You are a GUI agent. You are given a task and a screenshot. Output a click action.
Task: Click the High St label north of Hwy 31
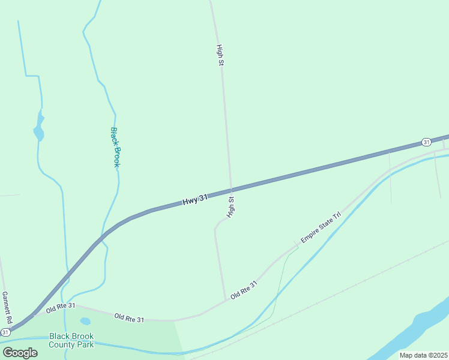click(220, 55)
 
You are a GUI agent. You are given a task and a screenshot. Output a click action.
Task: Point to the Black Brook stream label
click(116, 147)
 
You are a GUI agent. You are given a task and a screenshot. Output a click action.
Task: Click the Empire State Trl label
click(321, 226)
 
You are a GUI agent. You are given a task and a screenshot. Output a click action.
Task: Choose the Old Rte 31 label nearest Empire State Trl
click(244, 290)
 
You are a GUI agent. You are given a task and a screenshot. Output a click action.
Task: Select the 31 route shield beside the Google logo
click(5, 332)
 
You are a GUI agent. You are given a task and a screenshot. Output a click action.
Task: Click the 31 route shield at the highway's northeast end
click(426, 142)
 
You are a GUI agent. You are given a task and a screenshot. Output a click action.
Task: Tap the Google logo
click(20, 352)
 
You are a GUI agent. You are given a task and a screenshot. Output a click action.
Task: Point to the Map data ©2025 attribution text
click(423, 355)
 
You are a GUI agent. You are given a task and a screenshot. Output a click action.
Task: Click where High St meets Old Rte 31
click(225, 300)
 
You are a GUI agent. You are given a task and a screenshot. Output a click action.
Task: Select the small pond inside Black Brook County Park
click(85, 322)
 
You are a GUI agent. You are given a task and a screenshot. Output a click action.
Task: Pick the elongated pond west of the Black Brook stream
click(39, 128)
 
